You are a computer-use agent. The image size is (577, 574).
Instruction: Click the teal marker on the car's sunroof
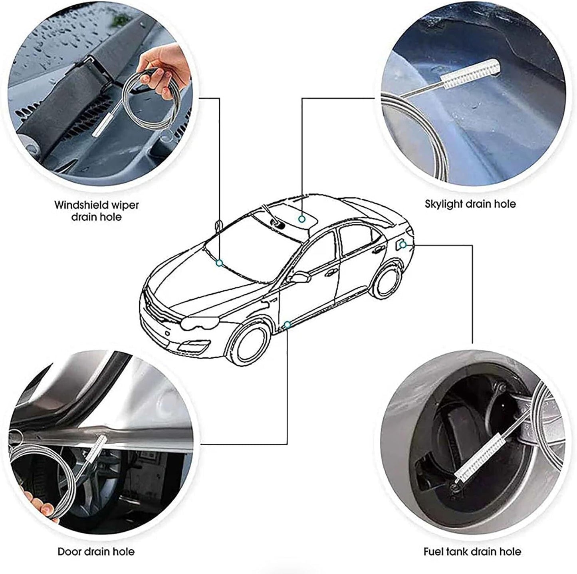[x=302, y=219]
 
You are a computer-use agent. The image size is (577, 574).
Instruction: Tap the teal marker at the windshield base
[x=220, y=263]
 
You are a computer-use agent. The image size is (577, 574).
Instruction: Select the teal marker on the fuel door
[x=403, y=245]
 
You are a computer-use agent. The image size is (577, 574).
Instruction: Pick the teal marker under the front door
[x=287, y=324]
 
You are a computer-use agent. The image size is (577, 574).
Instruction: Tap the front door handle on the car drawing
[x=331, y=272]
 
